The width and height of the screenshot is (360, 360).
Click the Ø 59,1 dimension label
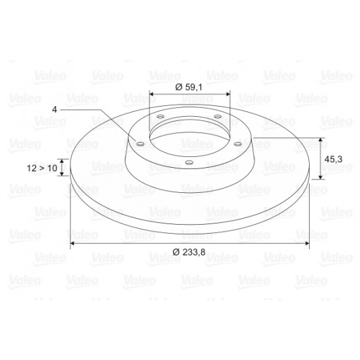[x=189, y=87]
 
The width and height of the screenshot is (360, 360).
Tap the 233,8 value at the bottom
[x=194, y=252]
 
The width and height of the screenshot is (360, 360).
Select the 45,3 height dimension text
[x=334, y=159]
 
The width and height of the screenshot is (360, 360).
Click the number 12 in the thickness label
[x=32, y=168]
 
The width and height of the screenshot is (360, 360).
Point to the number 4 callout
[x=54, y=109]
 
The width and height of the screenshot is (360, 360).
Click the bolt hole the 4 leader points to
[x=140, y=144]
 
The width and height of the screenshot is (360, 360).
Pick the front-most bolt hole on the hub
[x=190, y=163]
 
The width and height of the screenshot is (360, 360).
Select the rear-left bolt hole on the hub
[x=160, y=116]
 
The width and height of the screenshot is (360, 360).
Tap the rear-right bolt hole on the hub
[x=217, y=116]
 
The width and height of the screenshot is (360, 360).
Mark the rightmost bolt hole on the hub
[x=238, y=144]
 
